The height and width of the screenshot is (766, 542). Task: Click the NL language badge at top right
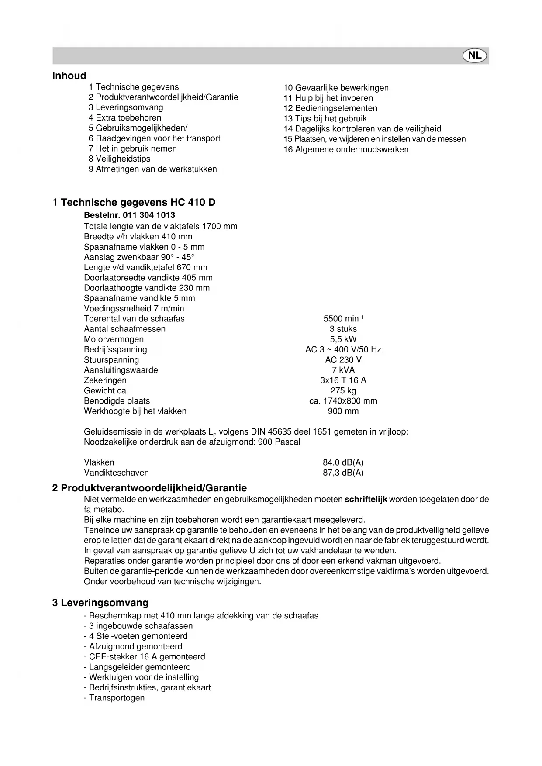tap(475, 55)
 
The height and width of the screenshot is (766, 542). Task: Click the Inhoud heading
tap(69, 76)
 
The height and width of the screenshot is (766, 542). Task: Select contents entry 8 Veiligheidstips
tap(119, 159)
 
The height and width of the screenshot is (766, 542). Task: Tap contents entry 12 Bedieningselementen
tap(330, 108)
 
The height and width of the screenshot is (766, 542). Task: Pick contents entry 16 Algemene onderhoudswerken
tap(346, 149)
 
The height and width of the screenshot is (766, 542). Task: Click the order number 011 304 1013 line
tap(129, 215)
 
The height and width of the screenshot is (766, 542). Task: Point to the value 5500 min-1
tap(343, 319)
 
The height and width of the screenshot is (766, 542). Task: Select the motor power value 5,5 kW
tap(343, 339)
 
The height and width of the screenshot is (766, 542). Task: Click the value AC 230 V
tap(343, 360)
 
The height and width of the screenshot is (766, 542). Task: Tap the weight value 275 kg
tap(343, 391)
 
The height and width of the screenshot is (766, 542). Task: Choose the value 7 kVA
tap(343, 370)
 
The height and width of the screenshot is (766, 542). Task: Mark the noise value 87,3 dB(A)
tap(343, 473)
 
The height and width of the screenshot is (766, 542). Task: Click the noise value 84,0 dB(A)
tap(343, 462)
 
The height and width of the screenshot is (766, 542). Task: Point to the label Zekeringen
tap(105, 380)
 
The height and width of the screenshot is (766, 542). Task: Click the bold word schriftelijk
tap(366, 500)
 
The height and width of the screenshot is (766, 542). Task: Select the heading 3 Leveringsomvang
tap(100, 603)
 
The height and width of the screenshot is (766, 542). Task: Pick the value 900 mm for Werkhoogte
tap(343, 411)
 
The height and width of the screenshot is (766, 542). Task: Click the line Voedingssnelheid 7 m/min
tap(134, 309)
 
